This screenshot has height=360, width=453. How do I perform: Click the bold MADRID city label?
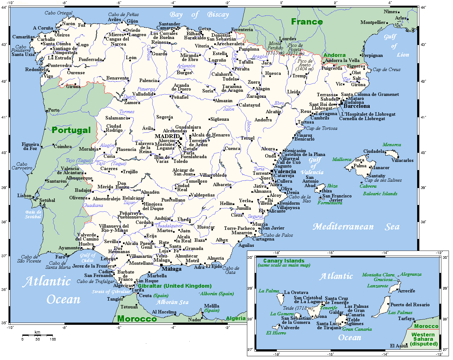pyautogui.click(x=167, y=136)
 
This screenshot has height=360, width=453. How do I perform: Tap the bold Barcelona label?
pyautogui.click(x=356, y=106)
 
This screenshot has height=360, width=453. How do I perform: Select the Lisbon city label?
pyautogui.click(x=24, y=196)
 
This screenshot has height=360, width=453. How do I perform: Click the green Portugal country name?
pyautogui.click(x=71, y=130)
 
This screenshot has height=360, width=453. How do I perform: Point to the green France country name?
pyautogui.click(x=307, y=22)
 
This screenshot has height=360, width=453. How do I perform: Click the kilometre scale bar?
pyautogui.click(x=37, y=335)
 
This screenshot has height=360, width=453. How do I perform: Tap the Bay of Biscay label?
pyautogui.click(x=199, y=14)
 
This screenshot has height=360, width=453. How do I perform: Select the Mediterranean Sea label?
pyautogui.click(x=356, y=227)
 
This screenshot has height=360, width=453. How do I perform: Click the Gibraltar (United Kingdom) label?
pyautogui.click(x=175, y=286)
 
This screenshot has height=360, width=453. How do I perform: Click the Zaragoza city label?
pyautogui.click(x=256, y=96)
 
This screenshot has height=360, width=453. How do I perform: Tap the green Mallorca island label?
pyautogui.click(x=342, y=159)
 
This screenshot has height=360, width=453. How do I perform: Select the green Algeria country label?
pyautogui.click(x=236, y=318)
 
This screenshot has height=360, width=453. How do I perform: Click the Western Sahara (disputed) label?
pyautogui.click(x=423, y=339)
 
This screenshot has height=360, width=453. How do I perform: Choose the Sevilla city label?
pyautogui.click(x=111, y=241)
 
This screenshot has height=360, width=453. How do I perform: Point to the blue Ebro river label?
pyautogui.click(x=279, y=103)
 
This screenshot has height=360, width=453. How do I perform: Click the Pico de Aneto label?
pyautogui.click(x=305, y=65)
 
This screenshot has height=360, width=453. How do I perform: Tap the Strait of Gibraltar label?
pyautogui.click(x=111, y=291)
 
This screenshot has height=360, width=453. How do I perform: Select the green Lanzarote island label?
pyautogui.click(x=377, y=286)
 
